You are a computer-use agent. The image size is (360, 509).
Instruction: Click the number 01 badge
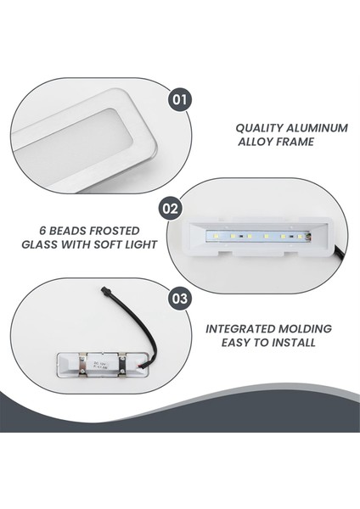(178, 98)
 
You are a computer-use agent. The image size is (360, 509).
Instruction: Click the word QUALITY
(260, 128)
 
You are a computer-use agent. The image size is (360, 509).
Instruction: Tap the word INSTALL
(289, 343)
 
